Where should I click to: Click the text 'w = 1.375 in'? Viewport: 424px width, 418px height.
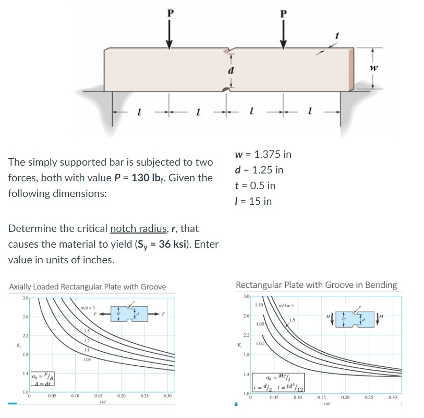click(x=263, y=154)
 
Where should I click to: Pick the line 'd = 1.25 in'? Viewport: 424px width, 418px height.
click(x=259, y=170)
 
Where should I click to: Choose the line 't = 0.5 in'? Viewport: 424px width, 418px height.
click(x=256, y=185)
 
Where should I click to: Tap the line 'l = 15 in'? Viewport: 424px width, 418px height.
click(x=254, y=201)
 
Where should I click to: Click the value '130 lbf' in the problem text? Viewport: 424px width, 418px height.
click(x=188, y=178)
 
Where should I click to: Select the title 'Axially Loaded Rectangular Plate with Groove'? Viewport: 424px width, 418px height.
click(x=88, y=286)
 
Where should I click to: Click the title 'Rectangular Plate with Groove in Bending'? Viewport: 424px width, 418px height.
click(x=316, y=285)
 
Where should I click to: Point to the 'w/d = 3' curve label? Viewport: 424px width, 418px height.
click(x=86, y=306)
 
